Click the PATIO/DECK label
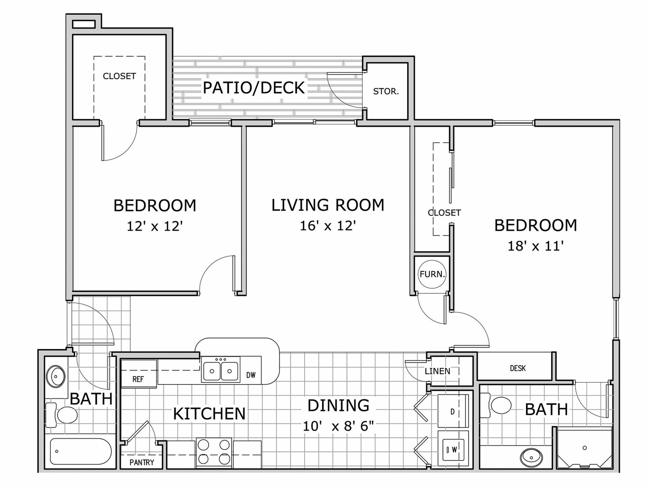(x=254, y=88)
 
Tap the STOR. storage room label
(x=386, y=91)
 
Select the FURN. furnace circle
(x=432, y=274)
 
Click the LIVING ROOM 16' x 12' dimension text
(x=328, y=225)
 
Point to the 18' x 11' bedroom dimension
(x=536, y=246)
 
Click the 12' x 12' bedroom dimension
(x=155, y=226)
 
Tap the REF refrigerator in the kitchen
(x=138, y=372)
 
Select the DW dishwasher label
(x=251, y=375)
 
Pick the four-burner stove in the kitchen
(x=214, y=452)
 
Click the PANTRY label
(x=142, y=462)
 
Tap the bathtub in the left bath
(x=81, y=451)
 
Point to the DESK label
(x=518, y=368)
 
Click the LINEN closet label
(x=437, y=371)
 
